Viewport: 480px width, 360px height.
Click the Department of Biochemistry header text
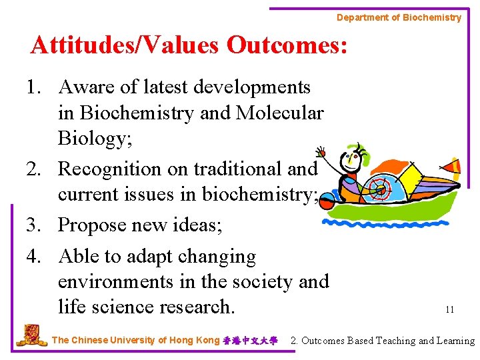[x=399, y=17]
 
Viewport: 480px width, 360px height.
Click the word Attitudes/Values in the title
[x=125, y=45]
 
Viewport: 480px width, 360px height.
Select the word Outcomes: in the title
[x=287, y=45]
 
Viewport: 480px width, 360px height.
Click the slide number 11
[x=449, y=309]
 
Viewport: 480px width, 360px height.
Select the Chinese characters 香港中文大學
[x=250, y=341]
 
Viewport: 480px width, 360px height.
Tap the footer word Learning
[x=455, y=341]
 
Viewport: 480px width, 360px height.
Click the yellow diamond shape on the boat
[x=411, y=179]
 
